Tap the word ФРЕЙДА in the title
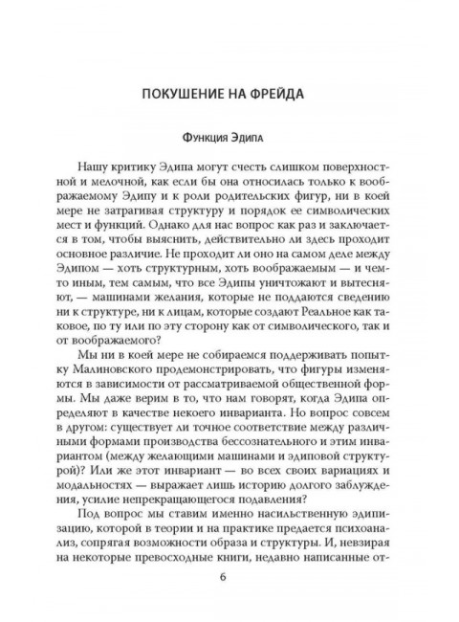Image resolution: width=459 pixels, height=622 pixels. click(277, 95)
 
